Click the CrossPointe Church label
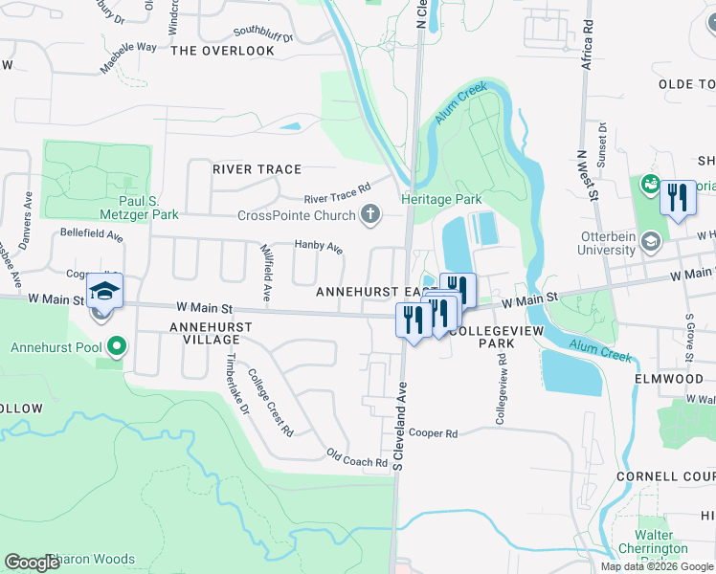pos(297,214)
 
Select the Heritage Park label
pos(441,200)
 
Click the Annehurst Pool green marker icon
pos(117,345)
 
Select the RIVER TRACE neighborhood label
pos(257,169)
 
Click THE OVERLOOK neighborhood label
pos(222,51)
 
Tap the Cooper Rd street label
pos(434,433)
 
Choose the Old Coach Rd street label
pos(356,459)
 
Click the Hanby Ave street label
pos(318,248)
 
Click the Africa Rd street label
pos(587,49)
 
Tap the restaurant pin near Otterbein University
pos(678,198)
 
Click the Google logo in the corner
pos(32,563)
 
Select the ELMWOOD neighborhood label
pos(668,379)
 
